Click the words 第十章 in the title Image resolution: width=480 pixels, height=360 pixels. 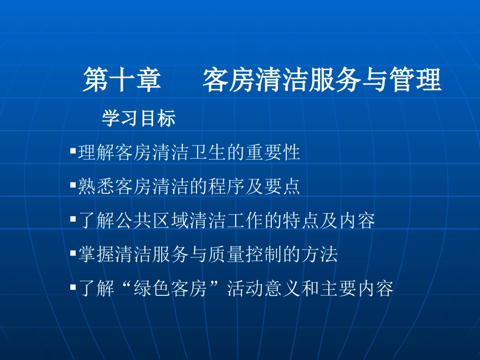pos(122,81)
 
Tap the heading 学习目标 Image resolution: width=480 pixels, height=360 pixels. pos(139,119)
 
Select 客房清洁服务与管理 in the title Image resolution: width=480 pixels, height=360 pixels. pos(322,81)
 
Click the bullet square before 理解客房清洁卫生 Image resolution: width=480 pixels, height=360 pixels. pos(73,150)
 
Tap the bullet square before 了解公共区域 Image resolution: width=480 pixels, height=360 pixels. pos(73,220)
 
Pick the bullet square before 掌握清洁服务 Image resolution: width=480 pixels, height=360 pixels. pos(73,254)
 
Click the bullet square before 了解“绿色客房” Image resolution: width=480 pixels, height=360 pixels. pos(73,288)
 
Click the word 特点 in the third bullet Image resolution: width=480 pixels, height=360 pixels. pos(301,221)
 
